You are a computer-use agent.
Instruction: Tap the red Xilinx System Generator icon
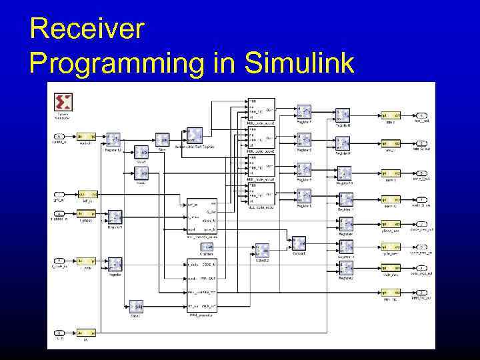63,102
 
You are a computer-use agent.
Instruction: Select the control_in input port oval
59,137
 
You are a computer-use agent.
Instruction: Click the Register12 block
113,139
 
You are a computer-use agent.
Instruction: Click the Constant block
206,247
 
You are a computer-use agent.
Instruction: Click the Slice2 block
136,306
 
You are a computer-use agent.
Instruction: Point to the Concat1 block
298,243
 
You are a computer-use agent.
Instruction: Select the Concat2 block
262,251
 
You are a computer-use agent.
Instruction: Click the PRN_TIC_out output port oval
421,293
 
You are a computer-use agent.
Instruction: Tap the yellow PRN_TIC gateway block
390,293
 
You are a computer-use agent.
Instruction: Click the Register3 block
115,217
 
